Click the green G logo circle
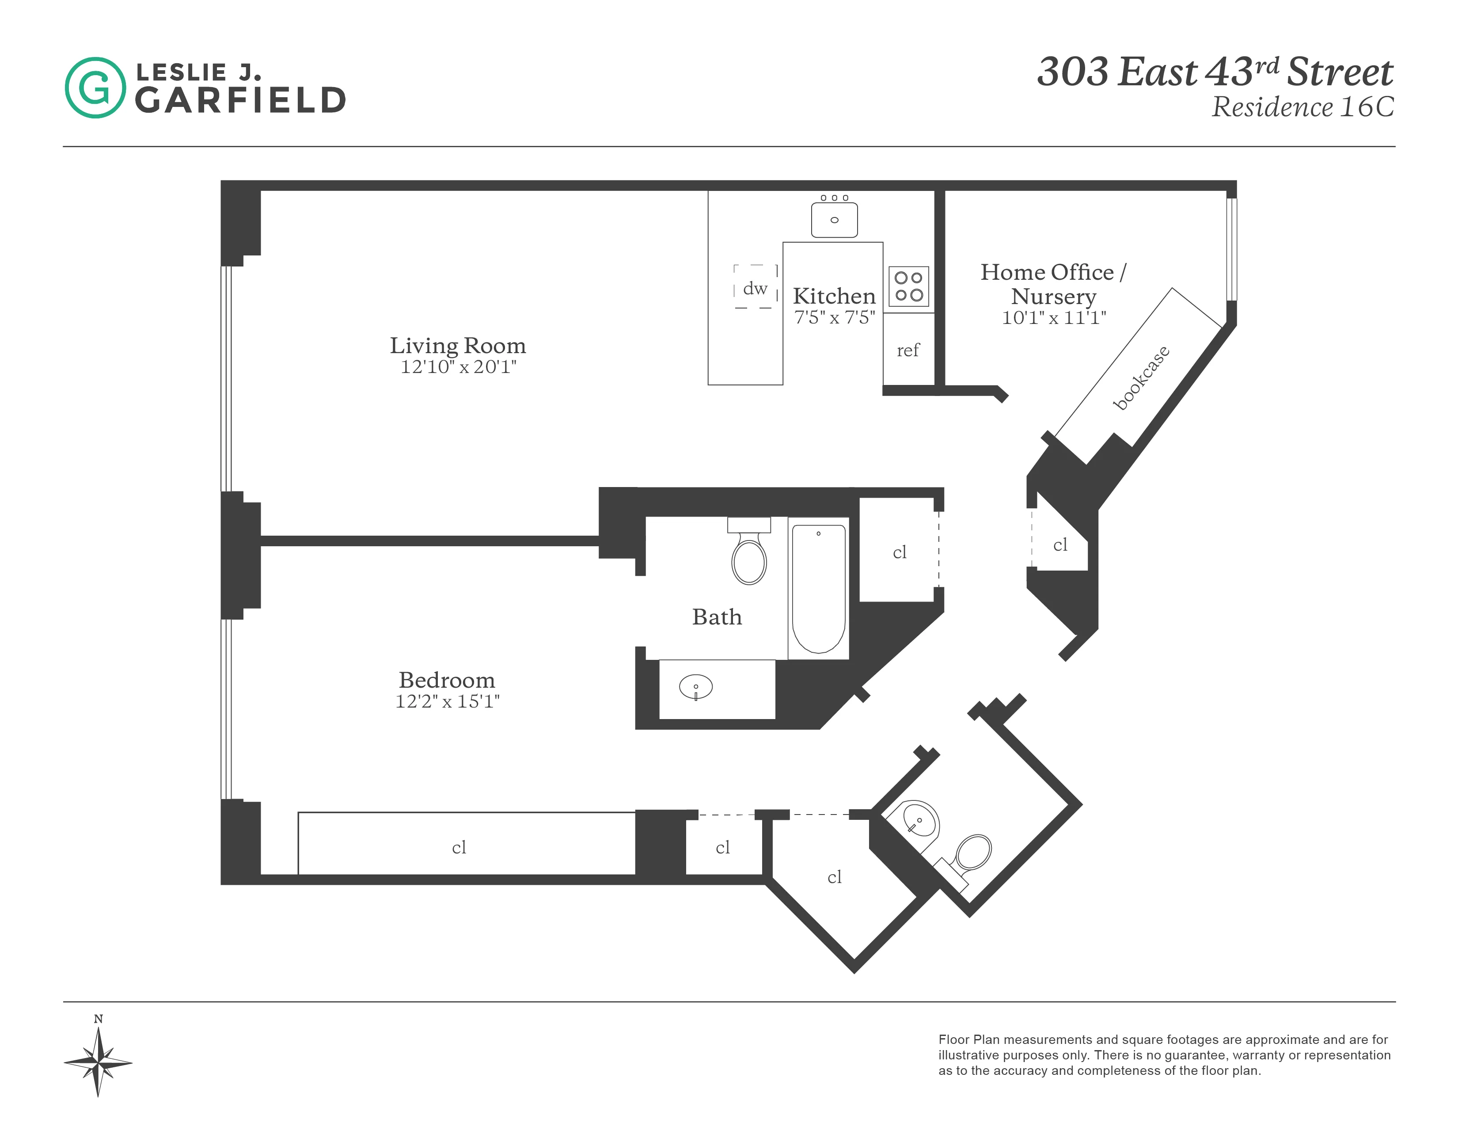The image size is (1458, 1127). (x=95, y=88)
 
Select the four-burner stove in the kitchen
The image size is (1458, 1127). (x=908, y=286)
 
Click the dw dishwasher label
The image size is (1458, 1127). (x=755, y=289)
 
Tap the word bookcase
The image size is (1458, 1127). (x=1141, y=378)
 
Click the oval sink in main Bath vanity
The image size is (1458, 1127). (x=695, y=686)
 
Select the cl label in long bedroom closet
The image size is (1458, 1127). (x=459, y=847)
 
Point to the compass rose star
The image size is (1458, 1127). (x=98, y=1062)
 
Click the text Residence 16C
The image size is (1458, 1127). (x=1302, y=107)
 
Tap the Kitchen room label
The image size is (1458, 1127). (x=834, y=296)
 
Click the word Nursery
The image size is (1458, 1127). (x=1053, y=296)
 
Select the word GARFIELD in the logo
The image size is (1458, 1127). (x=240, y=101)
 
